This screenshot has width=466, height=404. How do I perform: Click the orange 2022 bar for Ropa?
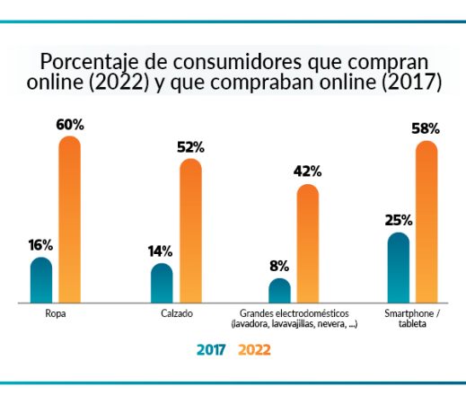pyautogui.click(x=70, y=220)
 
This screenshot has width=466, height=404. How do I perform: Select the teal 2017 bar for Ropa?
pyautogui.click(x=41, y=281)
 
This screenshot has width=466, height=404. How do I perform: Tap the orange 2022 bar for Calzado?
pyautogui.click(x=190, y=231)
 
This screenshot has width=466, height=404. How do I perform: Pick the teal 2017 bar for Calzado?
pyautogui.click(x=162, y=284)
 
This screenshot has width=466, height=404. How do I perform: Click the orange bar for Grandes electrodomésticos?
pyautogui.click(x=308, y=244)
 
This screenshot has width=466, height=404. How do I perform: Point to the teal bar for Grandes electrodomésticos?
pyautogui.click(x=279, y=292)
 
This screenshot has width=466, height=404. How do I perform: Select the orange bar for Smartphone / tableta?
pyautogui.click(x=426, y=223)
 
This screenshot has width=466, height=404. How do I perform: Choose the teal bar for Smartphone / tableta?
pyautogui.click(x=398, y=268)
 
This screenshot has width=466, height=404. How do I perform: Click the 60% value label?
pyautogui.click(x=70, y=125)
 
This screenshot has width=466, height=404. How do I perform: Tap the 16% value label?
pyautogui.click(x=40, y=245)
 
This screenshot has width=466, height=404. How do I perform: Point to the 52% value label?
pyautogui.click(x=190, y=146)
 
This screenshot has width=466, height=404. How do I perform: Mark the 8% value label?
pyautogui.click(x=279, y=266)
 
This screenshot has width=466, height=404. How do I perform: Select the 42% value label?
pyautogui.click(x=308, y=171)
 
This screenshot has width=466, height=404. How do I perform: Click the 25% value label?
pyautogui.click(x=398, y=220)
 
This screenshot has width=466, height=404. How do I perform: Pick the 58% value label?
pyautogui.click(x=426, y=129)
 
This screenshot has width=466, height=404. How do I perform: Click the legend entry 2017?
pyautogui.click(x=212, y=351)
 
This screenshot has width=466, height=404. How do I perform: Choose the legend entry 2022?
pyautogui.click(x=254, y=351)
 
